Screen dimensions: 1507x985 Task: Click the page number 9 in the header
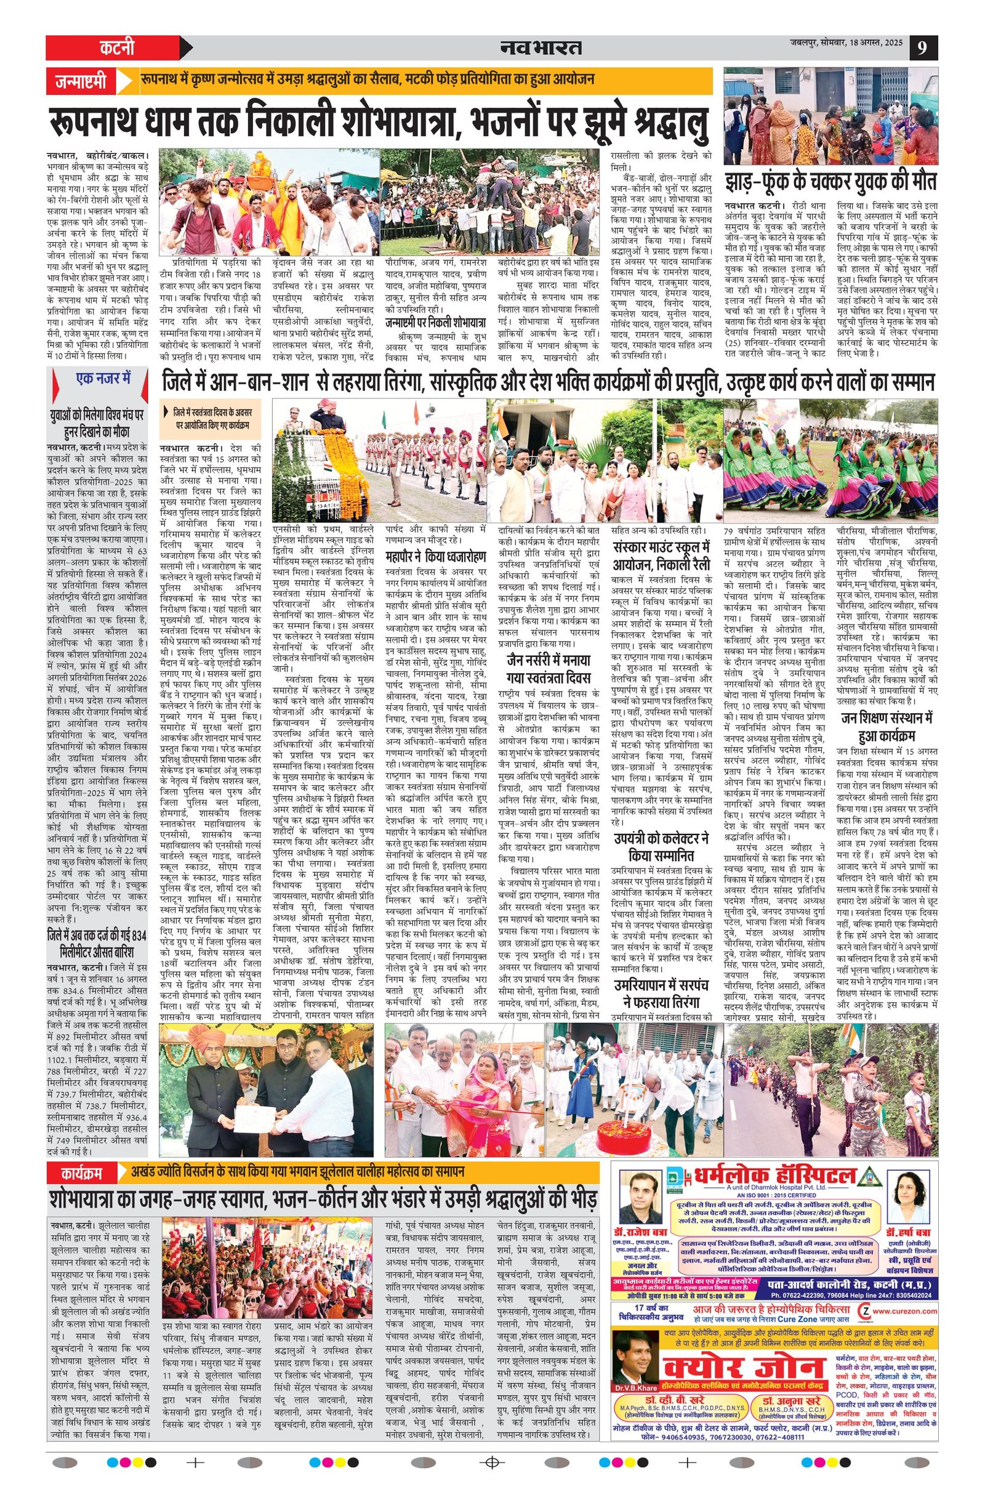(x=923, y=48)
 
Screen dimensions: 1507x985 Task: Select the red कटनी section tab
(x=117, y=48)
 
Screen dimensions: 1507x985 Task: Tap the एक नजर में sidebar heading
(x=103, y=379)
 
